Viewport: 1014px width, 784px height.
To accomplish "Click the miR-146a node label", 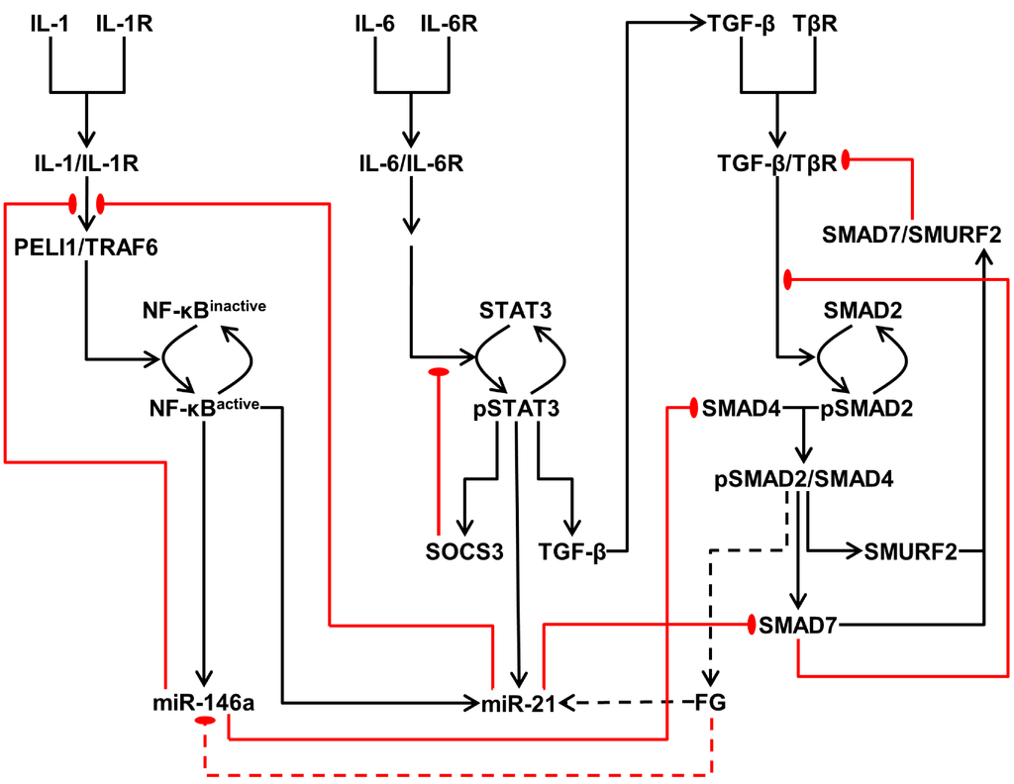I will click(x=198, y=703).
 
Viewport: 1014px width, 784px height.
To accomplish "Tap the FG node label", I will click(x=711, y=703).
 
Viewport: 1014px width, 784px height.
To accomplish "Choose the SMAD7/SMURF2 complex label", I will click(x=912, y=235).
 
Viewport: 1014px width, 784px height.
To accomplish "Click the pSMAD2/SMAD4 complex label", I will click(x=804, y=479).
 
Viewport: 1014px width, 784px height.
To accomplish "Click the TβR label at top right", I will click(x=815, y=22).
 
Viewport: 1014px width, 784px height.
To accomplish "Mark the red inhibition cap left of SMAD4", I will click(x=693, y=408).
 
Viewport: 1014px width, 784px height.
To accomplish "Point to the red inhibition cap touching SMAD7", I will click(x=752, y=625).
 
